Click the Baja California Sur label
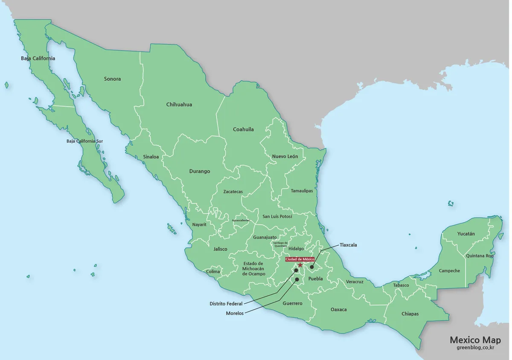(84, 141)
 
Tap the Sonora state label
(112, 79)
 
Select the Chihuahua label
(179, 105)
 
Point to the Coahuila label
(243, 129)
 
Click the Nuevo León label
(285, 157)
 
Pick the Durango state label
(200, 171)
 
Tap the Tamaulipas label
(302, 191)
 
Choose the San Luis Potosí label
(277, 217)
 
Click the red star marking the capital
(300, 265)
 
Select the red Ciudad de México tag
(300, 259)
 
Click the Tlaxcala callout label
(348, 245)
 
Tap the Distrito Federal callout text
(226, 304)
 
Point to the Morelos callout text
(235, 314)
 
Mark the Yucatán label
(466, 234)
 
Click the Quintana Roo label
(479, 256)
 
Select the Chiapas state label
(410, 314)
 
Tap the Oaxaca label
(339, 310)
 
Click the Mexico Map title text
(475, 340)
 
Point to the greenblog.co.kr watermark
(475, 348)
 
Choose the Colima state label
(213, 272)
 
